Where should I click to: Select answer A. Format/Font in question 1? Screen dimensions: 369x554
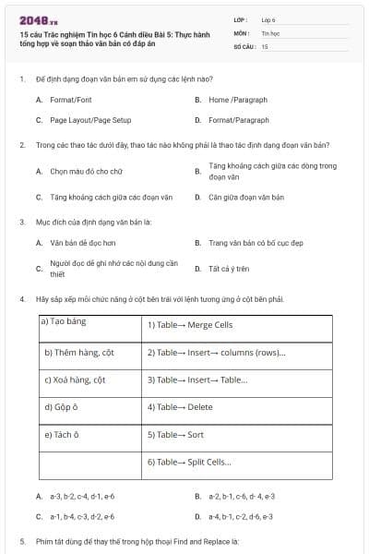click(70, 98)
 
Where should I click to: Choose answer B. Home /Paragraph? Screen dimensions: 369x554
click(231, 98)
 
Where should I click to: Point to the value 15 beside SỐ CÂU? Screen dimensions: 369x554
click(265, 45)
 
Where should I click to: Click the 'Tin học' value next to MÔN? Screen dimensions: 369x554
click(269, 32)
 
